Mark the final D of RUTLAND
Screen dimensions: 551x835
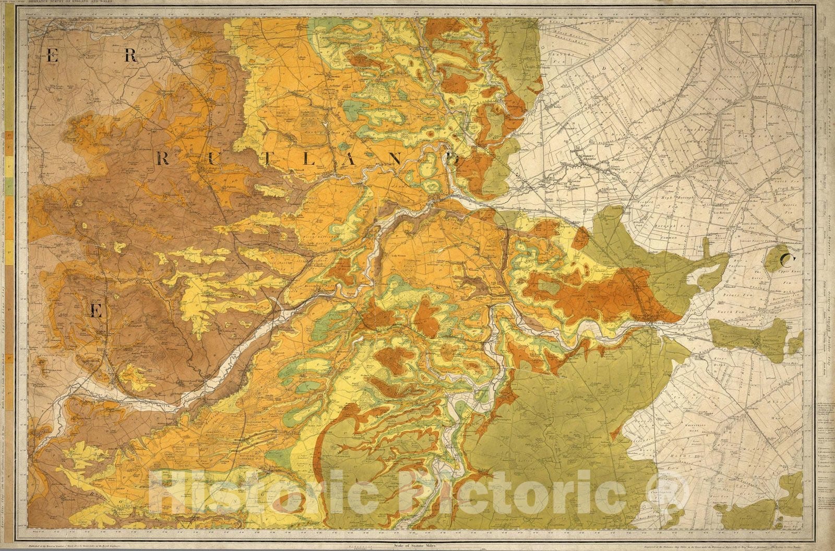[455, 161]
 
